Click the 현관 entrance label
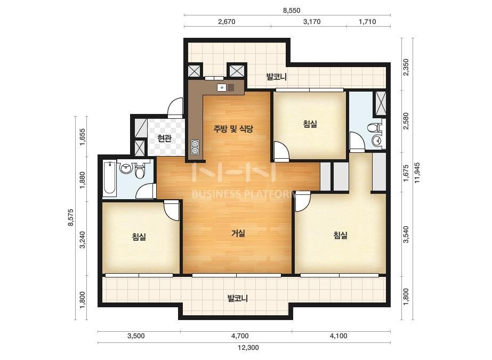point(164,138)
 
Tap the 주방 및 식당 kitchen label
point(233,129)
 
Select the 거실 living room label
point(238,233)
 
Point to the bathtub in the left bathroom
point(109,178)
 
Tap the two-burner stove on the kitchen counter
point(195,148)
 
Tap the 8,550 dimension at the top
point(292,10)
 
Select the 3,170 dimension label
point(312,22)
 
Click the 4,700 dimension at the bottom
point(240,336)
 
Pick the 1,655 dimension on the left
point(83,137)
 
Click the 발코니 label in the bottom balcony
point(238,298)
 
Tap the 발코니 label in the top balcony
point(277,77)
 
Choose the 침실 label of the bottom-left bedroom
point(139,237)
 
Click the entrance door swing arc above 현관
point(175,108)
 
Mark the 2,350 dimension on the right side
point(406,67)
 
